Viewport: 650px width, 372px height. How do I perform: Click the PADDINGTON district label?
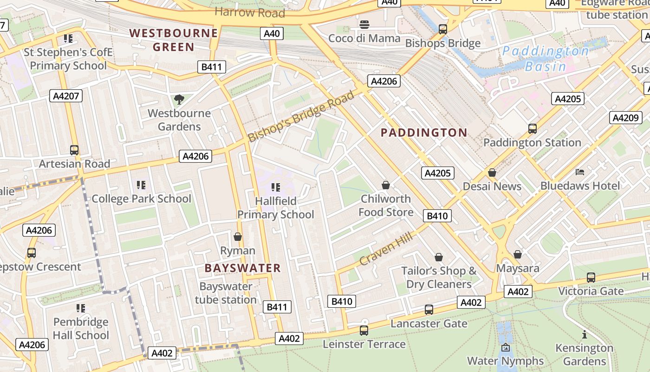(x=424, y=133)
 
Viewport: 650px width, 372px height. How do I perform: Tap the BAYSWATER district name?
(x=243, y=268)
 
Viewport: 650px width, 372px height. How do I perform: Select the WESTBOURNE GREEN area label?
(x=173, y=40)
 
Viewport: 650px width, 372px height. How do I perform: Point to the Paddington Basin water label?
(x=546, y=59)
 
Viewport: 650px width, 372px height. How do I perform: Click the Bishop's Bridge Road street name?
(x=301, y=116)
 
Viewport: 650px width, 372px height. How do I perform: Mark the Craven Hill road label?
(x=386, y=250)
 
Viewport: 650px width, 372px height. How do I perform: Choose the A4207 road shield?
(x=66, y=96)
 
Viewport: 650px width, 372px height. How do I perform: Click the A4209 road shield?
(x=625, y=118)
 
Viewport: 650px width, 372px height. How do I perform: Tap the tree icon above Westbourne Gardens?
(x=179, y=99)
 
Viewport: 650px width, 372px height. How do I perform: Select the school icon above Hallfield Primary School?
(x=276, y=187)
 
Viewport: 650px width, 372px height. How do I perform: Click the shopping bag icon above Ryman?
(x=238, y=237)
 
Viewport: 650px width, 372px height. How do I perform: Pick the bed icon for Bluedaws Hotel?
(x=580, y=172)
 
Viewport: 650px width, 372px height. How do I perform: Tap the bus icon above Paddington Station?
(x=532, y=129)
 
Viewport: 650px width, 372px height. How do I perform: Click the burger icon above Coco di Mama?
(x=364, y=24)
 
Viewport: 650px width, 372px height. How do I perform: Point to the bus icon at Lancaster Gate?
(x=429, y=310)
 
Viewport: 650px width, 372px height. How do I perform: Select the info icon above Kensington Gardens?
(x=584, y=334)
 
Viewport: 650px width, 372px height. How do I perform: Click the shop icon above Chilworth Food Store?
(x=385, y=185)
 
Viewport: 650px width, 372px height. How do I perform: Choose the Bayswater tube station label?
(x=226, y=293)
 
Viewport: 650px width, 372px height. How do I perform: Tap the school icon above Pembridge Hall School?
(x=81, y=308)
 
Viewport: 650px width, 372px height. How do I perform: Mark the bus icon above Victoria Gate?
(x=591, y=278)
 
